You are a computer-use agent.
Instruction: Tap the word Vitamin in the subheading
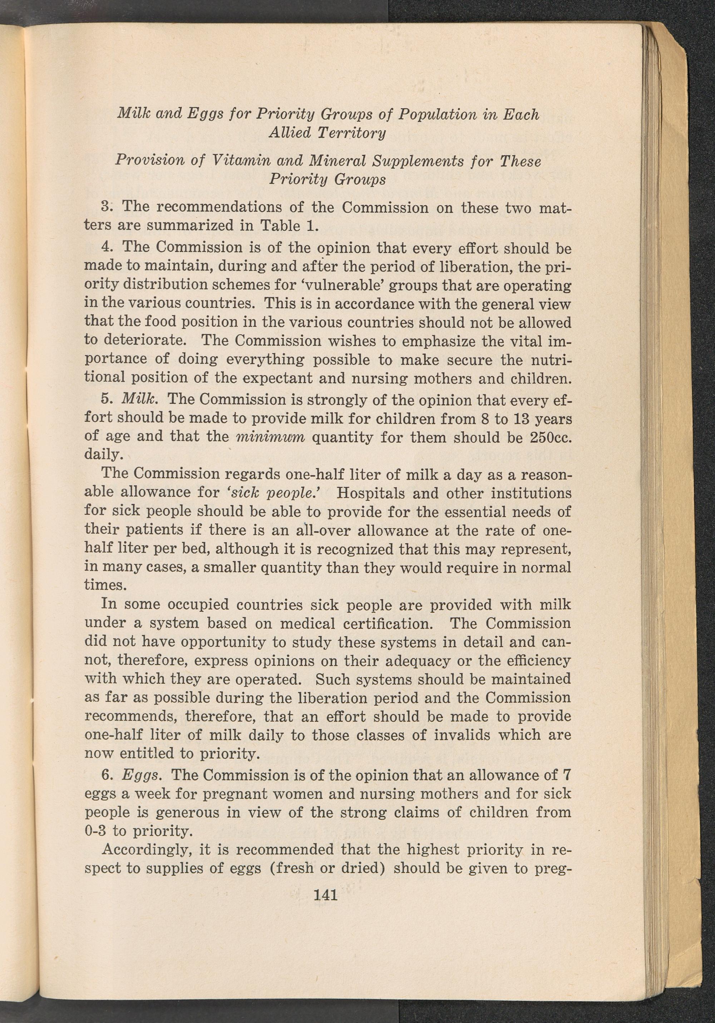pyautogui.click(x=240, y=161)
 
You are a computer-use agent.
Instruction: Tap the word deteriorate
pyautogui.click(x=139, y=340)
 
